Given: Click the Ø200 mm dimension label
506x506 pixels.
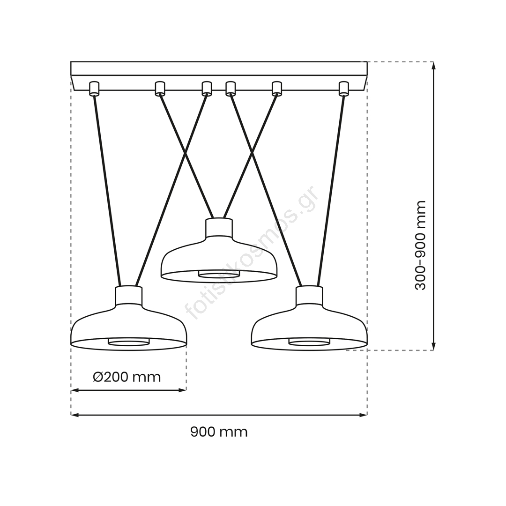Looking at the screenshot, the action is click(127, 377).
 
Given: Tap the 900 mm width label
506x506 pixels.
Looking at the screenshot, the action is click(219, 432).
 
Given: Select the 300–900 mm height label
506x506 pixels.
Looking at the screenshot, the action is click(420, 245).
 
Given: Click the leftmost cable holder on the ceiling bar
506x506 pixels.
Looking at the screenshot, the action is click(95, 89).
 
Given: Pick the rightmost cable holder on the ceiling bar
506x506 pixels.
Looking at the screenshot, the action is click(344, 89).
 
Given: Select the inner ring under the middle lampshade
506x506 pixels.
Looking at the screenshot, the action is click(219, 274).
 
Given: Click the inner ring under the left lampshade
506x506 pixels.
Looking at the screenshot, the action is click(129, 342).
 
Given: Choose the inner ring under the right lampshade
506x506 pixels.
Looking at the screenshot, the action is click(309, 342).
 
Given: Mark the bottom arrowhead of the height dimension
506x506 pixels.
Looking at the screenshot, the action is click(433, 346).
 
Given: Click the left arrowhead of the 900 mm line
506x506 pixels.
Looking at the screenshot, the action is click(74, 415).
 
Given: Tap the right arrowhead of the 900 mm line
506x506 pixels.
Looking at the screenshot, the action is click(364, 415).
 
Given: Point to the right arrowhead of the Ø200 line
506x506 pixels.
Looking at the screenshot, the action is click(183, 390).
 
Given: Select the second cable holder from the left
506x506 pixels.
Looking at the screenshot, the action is click(160, 89).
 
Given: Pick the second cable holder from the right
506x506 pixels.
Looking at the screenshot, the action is click(276, 89).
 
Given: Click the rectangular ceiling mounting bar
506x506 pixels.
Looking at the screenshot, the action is click(219, 76).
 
